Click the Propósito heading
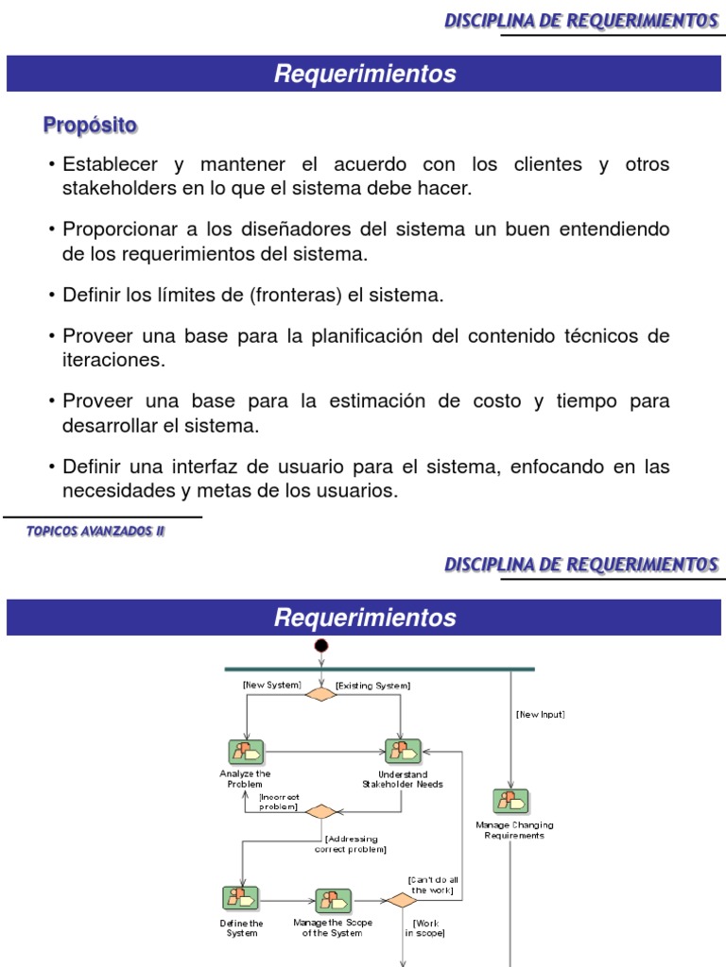point(90,125)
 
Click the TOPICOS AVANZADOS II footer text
point(95,532)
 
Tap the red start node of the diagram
point(321,646)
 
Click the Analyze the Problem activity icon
point(245,752)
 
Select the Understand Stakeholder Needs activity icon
point(402,752)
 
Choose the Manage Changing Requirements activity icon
point(511,802)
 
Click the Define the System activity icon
point(240,899)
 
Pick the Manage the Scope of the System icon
point(333,900)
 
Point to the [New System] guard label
point(271,684)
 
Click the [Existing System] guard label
point(372,685)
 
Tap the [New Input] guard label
point(541,714)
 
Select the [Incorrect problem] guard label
point(279,802)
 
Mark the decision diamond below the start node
point(321,694)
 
